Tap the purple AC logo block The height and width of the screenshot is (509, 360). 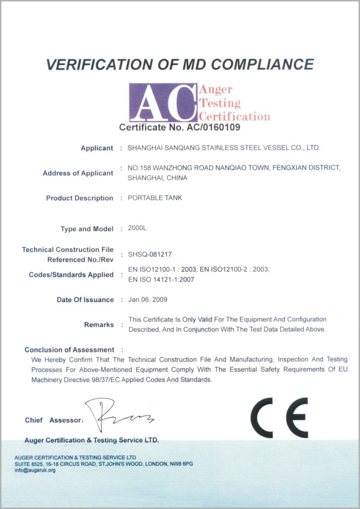coord(163,102)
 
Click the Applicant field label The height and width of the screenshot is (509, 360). coord(97,148)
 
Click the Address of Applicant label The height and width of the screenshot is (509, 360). coord(78,173)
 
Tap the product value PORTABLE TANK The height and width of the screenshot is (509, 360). coord(155,198)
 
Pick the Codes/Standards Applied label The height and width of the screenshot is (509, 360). coord(71,275)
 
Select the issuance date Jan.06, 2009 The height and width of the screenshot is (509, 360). coord(148,299)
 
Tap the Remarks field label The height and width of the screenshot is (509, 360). coord(99,325)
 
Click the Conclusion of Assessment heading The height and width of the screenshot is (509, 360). coord(69,349)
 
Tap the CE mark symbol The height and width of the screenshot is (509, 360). coord(279,418)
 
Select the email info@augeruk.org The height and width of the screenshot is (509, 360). coord(35,470)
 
